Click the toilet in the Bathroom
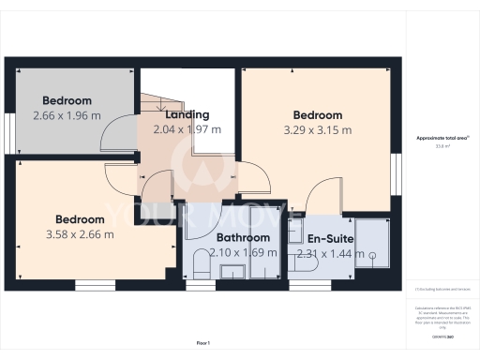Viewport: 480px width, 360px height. pyautogui.click(x=200, y=263)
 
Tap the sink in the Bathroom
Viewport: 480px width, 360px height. pyautogui.click(x=232, y=271)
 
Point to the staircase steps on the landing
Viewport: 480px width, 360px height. pyautogui.click(x=155, y=108)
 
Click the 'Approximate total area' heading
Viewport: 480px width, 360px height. pyautogui.click(x=442, y=138)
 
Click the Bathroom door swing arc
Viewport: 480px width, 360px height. pyautogui.click(x=201, y=223)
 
